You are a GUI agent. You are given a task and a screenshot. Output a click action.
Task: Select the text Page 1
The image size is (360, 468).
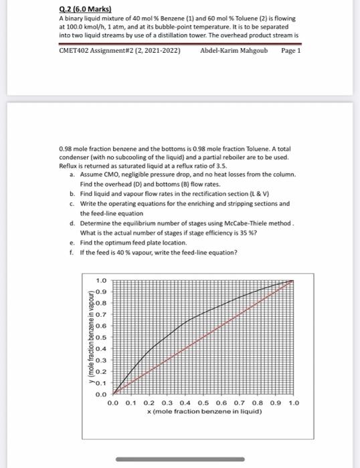click(x=291, y=50)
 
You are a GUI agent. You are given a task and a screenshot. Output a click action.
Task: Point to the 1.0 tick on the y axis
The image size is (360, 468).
click(x=101, y=280)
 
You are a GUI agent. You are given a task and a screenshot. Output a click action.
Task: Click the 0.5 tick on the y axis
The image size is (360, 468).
click(x=101, y=338)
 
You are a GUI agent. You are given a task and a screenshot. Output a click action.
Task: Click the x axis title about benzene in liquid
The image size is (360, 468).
click(x=204, y=412)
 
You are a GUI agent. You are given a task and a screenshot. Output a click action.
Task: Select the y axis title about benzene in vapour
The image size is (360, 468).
click(x=89, y=338)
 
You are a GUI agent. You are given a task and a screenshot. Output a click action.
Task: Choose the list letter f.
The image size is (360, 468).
click(x=72, y=252)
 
